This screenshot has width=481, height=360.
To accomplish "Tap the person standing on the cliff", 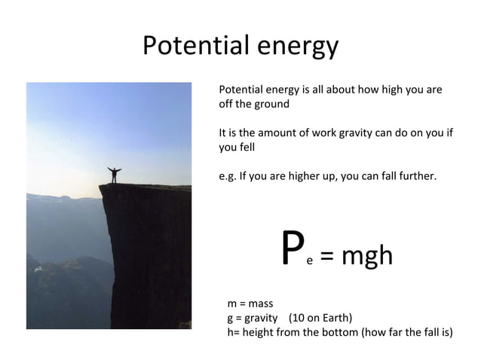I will [x=114, y=174].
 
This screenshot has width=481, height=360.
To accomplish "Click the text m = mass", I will [x=250, y=304].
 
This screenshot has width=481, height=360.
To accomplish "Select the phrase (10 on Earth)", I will [x=320, y=317].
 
